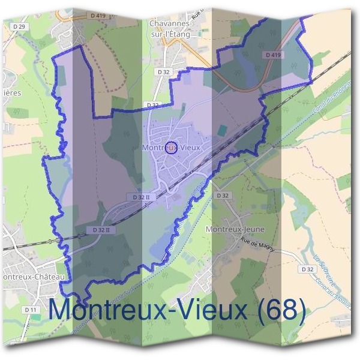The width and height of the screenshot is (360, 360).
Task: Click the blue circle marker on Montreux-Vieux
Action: pyautogui.click(x=170, y=148)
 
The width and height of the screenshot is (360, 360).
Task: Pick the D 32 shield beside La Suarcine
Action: pyautogui.click(x=308, y=269)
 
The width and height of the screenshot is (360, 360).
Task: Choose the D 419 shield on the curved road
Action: pyautogui.click(x=272, y=55)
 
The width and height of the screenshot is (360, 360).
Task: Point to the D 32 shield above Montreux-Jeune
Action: pyautogui.click(x=222, y=196)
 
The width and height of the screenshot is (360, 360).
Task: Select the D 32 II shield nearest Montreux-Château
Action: pyautogui.click(x=100, y=230)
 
